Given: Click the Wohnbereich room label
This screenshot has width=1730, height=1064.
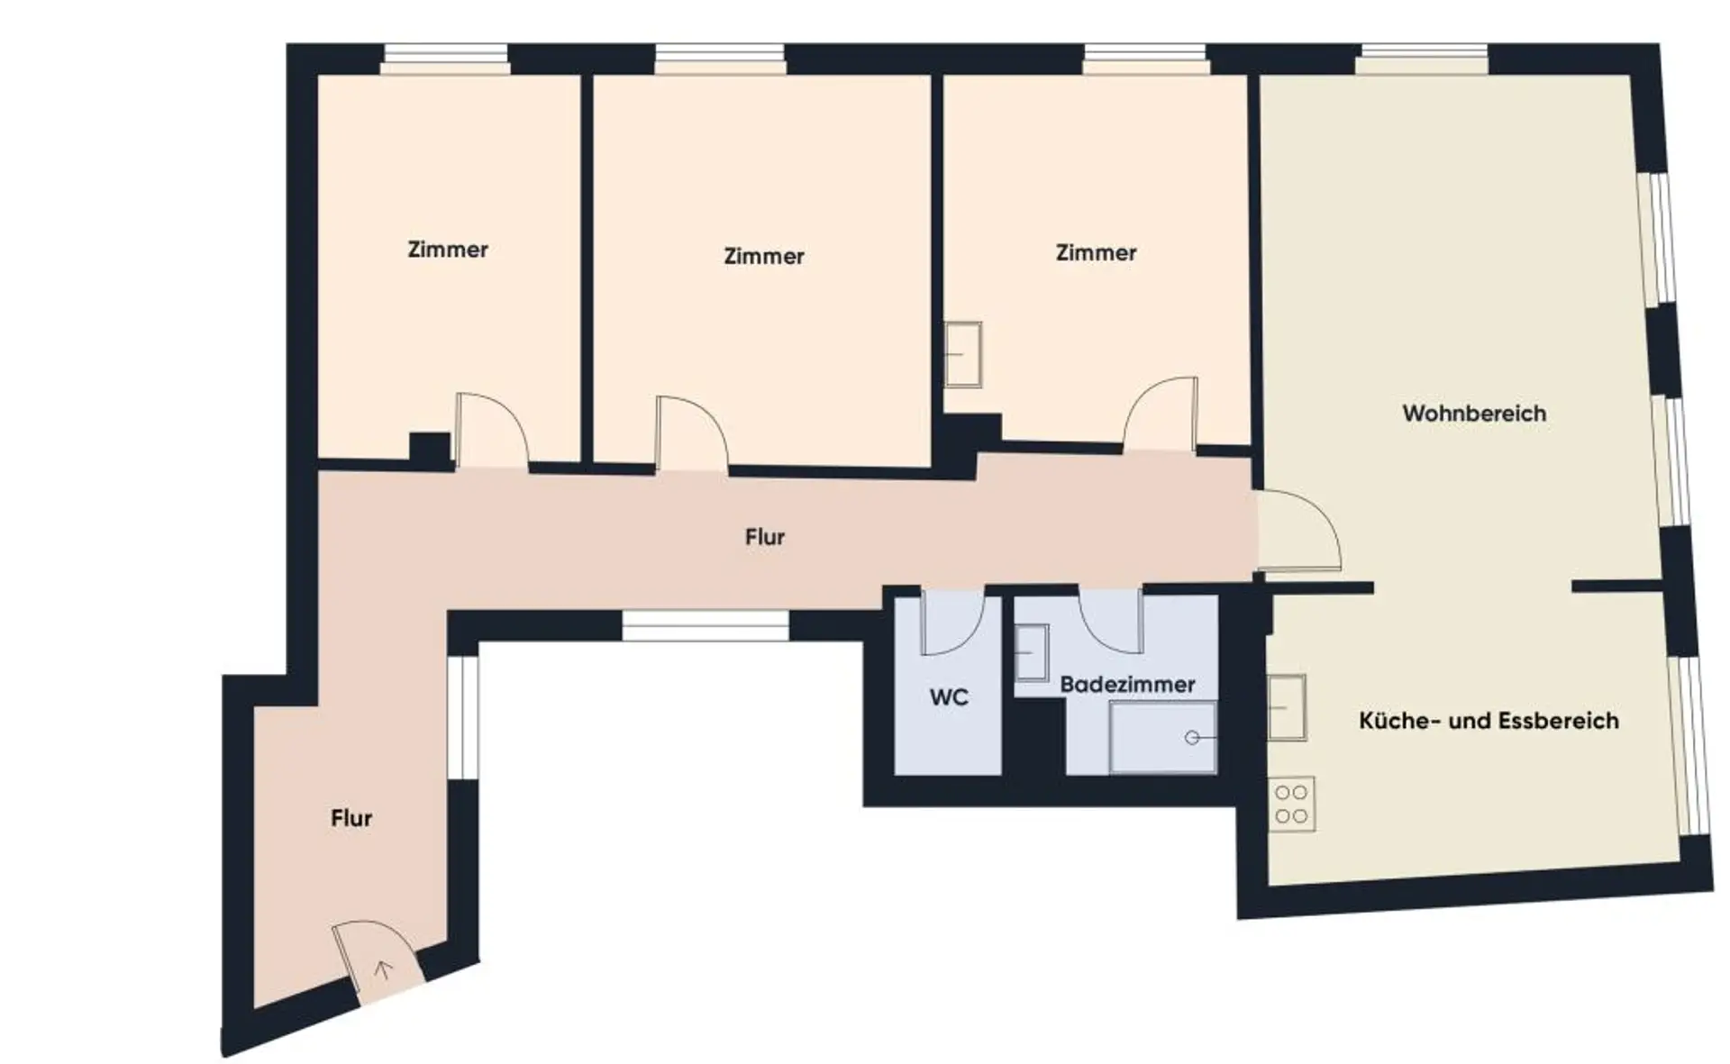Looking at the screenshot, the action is [1474, 414].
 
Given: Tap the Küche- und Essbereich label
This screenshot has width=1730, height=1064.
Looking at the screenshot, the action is [1489, 721].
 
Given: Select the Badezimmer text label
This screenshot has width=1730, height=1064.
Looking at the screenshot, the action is [1127, 685].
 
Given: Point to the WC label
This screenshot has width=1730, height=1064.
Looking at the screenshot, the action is [949, 697].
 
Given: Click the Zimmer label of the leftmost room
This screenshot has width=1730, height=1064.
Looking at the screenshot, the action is [448, 250].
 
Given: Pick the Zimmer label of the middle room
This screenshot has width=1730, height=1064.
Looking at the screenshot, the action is [764, 256].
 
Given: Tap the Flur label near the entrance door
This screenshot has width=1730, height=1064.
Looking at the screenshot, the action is [351, 818].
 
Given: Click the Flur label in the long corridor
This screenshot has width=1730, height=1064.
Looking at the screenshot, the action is [765, 537].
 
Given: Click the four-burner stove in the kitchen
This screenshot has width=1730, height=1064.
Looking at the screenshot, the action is [1291, 804].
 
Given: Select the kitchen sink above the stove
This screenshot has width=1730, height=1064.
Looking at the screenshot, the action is [1288, 707].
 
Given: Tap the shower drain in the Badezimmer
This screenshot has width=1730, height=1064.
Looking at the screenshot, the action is [1192, 738].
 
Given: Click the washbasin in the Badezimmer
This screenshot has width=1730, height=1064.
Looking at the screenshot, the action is [1032, 652].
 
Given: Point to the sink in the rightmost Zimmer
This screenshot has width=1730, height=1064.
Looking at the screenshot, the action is [963, 355].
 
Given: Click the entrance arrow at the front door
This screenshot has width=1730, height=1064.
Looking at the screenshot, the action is [383, 970].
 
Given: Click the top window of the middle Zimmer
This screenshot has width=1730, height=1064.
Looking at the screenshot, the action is [720, 59].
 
